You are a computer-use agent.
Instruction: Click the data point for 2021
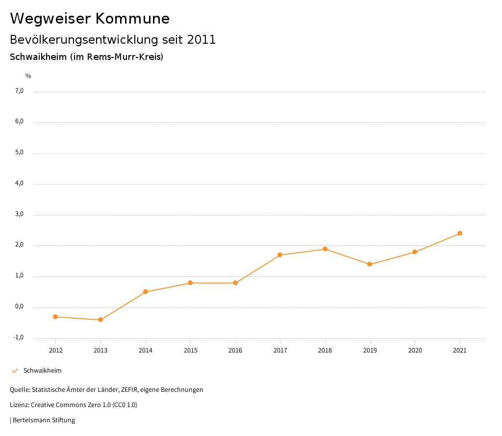(x=460, y=233)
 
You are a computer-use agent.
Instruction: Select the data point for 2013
(x=100, y=320)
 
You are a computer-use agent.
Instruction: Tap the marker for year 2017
(x=280, y=255)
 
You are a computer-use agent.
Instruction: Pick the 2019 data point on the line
(x=370, y=264)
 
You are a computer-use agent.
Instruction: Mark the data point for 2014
(x=146, y=292)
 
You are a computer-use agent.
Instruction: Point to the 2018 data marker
(x=325, y=249)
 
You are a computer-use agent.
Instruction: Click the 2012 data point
(x=55, y=317)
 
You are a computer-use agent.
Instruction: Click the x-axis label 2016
(x=235, y=351)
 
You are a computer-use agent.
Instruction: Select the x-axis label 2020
(x=415, y=351)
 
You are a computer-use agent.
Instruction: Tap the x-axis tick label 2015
(x=190, y=351)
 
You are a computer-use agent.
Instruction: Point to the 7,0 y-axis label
(x=19, y=91)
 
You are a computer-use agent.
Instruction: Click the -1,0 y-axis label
(x=19, y=337)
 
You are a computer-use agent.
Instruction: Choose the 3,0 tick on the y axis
(x=19, y=215)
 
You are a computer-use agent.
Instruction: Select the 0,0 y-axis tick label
(x=19, y=307)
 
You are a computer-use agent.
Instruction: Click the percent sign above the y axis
(x=28, y=76)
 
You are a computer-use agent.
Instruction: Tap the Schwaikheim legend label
(x=42, y=371)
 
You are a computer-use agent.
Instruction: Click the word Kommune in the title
(x=132, y=19)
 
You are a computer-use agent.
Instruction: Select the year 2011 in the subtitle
(x=201, y=40)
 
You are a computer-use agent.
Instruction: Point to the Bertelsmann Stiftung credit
(x=44, y=420)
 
